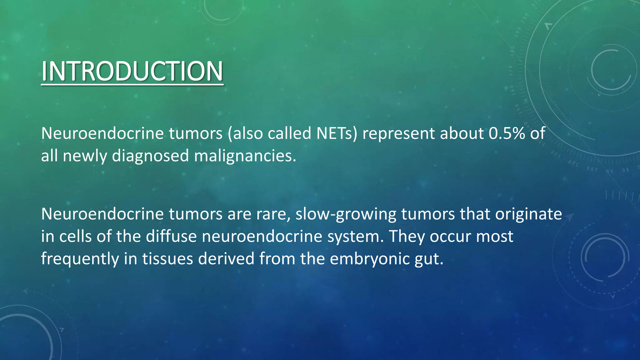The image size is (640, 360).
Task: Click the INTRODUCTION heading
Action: click(132, 71)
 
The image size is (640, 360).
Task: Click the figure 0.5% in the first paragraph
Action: click(507, 133)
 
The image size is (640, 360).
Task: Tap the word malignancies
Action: click(245, 156)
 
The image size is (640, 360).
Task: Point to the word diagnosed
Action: click(150, 156)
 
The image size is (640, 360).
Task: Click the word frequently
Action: click(80, 259)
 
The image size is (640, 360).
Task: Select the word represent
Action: click(398, 133)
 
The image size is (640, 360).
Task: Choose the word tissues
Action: click(167, 259)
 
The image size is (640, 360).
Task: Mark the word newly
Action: click(85, 156)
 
